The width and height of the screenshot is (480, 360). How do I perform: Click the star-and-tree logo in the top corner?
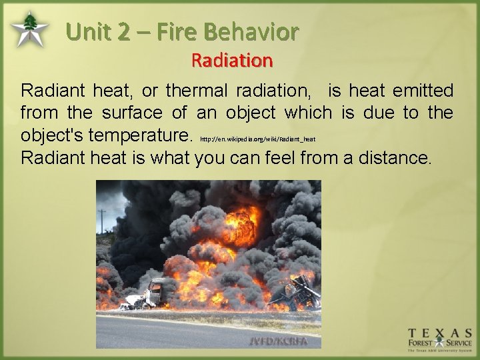[29, 29]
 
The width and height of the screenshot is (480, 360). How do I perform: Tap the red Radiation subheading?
[231, 61]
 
